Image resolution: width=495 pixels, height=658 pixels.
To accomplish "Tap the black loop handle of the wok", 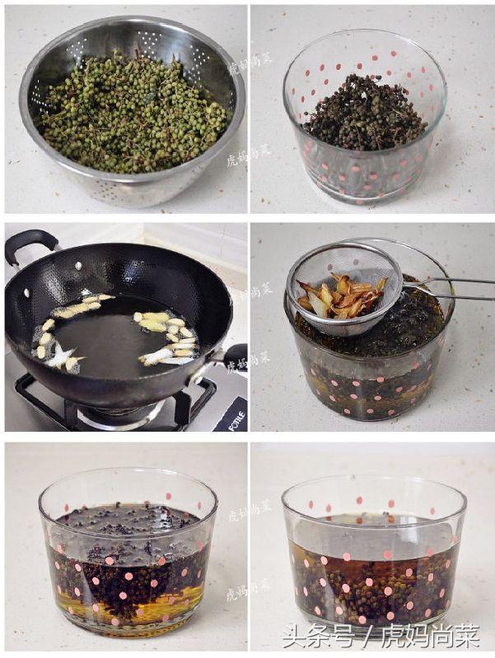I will coord(29,243).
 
